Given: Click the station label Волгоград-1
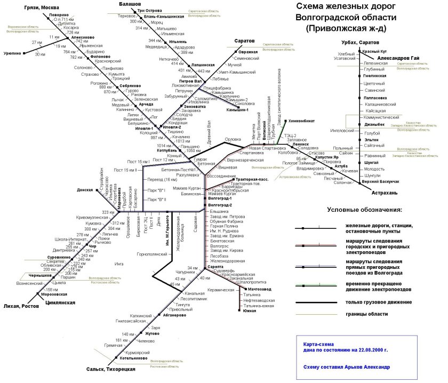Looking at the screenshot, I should [221, 198].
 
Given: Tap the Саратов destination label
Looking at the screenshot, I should [245, 41].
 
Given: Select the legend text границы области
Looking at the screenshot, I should [367, 314].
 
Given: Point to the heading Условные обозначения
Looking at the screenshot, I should [365, 210].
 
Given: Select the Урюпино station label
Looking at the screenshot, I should [12, 53].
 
